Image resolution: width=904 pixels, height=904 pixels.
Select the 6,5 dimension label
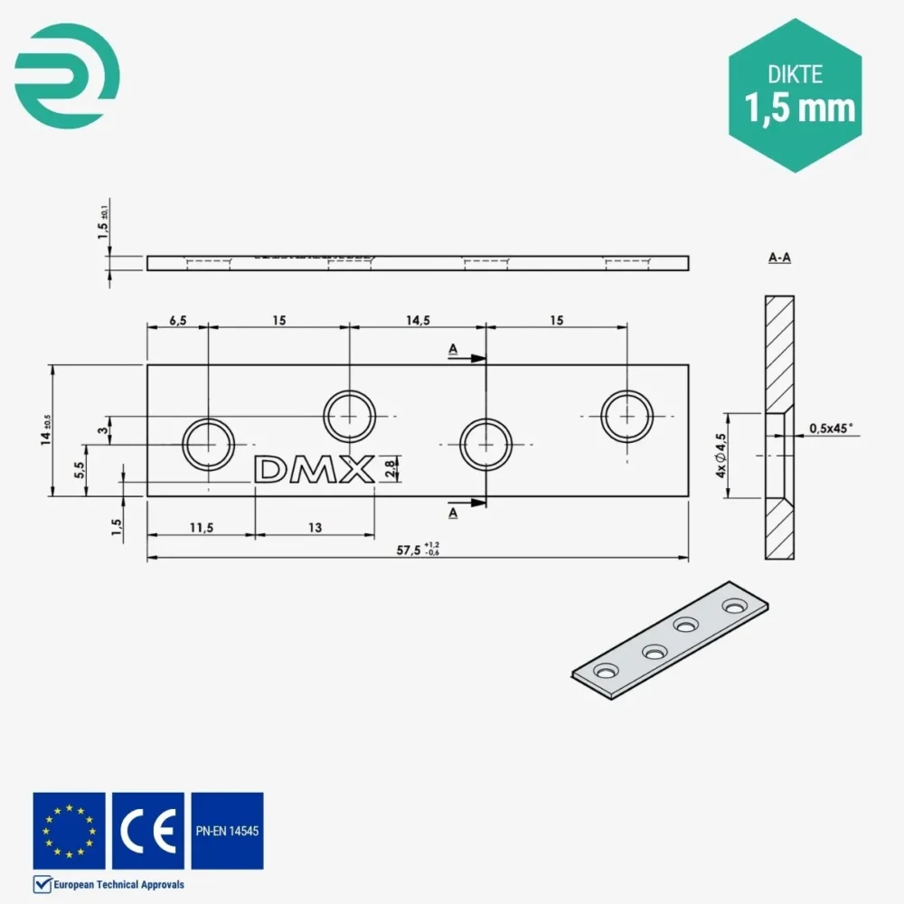pos(177,320)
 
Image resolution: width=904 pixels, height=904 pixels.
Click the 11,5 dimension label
pos(202,527)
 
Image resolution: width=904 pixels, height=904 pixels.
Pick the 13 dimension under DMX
pos(315,527)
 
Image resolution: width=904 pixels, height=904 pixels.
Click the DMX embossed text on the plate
pos(315,470)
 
